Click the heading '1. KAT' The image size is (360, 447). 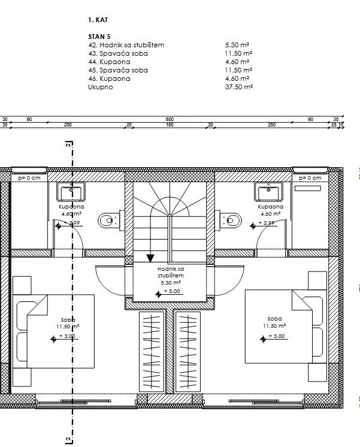[x=97, y=20]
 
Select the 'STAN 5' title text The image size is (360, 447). [x=99, y=37]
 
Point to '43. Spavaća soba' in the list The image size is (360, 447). [x=117, y=53]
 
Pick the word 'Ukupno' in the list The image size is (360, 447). [x=99, y=87]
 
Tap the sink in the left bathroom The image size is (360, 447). [x=72, y=192]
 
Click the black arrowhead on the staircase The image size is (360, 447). [x=150, y=258]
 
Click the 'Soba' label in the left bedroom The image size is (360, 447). [x=67, y=319]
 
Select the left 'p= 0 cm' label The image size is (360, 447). [x=29, y=178]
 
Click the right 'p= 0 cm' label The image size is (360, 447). [x=310, y=178]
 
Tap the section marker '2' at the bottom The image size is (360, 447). [x=69, y=440]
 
